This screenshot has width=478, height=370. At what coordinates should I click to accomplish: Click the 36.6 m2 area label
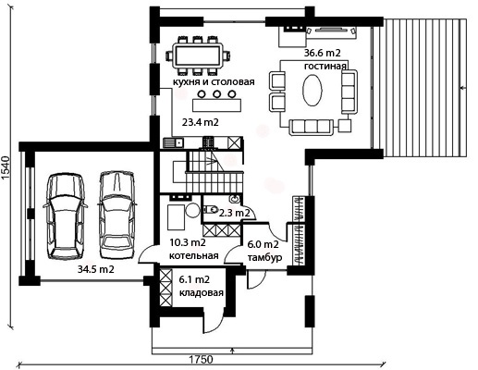(323, 53)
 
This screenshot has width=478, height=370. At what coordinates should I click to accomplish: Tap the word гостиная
(325, 67)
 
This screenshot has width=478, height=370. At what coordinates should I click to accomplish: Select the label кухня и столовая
(214, 82)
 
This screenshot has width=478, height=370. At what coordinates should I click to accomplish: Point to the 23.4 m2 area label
(201, 122)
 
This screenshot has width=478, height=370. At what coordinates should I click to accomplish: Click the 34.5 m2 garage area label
(96, 269)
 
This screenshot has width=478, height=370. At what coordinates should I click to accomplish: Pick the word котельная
(194, 256)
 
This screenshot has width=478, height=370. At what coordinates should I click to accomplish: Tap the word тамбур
(265, 258)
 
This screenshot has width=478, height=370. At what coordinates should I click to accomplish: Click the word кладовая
(202, 293)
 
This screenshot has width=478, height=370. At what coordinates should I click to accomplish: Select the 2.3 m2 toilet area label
(234, 213)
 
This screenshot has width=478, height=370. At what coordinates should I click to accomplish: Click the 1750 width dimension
(201, 360)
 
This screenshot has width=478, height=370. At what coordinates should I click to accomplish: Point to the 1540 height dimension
(6, 168)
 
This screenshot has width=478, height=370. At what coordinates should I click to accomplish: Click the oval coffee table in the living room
(313, 91)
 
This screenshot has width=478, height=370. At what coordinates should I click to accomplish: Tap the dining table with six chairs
(198, 56)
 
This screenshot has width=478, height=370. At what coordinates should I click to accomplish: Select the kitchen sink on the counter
(173, 143)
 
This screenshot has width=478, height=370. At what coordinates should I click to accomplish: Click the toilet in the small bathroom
(210, 210)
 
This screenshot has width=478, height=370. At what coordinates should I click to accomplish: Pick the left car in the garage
(66, 216)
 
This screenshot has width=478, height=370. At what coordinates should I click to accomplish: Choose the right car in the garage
(116, 215)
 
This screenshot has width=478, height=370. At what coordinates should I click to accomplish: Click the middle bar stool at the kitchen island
(217, 93)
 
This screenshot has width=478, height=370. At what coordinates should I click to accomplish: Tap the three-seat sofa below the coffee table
(311, 127)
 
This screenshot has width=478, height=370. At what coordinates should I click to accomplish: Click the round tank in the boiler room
(193, 210)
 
